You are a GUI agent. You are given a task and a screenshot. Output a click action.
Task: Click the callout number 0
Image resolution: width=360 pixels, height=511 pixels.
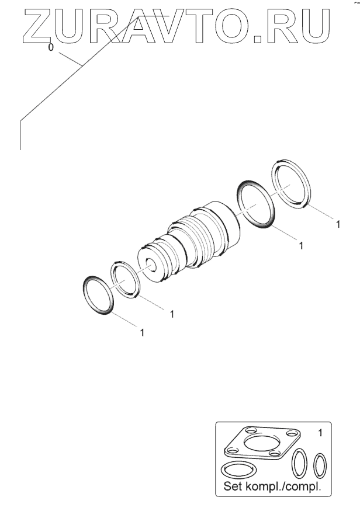pyautogui.click(x=50, y=47)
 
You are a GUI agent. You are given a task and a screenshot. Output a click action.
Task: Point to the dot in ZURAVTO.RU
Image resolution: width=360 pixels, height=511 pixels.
pyautogui.click(x=258, y=39)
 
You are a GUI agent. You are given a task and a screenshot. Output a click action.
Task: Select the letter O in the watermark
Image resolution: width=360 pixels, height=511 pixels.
pyautogui.click(x=229, y=26)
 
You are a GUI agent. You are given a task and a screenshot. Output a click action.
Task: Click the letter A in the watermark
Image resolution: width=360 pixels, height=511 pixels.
pyautogui.click(x=139, y=26)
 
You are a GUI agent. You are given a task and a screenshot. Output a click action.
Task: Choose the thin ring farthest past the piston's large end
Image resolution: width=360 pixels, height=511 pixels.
pyautogui.click(x=291, y=184)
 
